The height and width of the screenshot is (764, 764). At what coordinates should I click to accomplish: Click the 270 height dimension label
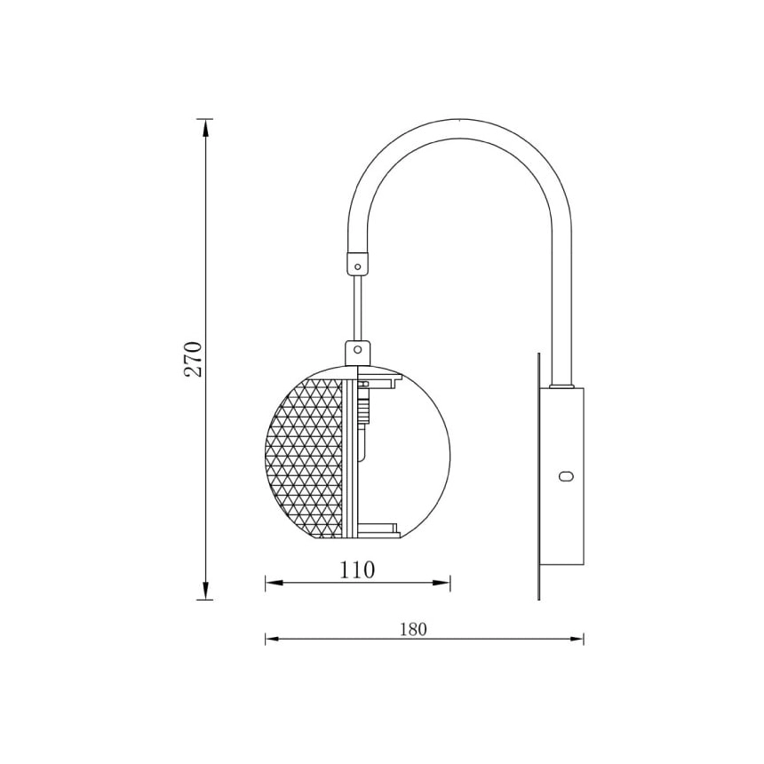(193, 359)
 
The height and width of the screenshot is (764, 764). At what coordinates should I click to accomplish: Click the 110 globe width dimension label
(357, 569)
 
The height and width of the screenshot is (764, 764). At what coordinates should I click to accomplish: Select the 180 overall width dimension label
(413, 630)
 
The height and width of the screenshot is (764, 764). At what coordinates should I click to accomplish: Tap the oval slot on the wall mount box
(566, 476)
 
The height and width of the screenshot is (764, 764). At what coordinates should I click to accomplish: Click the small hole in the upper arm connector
(358, 267)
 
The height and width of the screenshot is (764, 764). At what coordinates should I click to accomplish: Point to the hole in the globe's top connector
(358, 349)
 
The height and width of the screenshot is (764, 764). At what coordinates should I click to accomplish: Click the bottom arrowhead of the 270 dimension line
(205, 591)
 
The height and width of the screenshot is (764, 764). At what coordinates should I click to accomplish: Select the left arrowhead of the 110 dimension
(274, 583)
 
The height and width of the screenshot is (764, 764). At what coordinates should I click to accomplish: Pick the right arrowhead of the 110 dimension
(442, 583)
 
